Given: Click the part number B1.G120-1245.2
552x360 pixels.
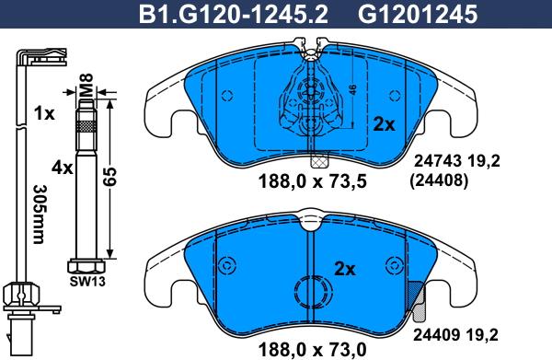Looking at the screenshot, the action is pos(233,15).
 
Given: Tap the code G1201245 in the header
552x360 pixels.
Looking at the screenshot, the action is pos(418,15).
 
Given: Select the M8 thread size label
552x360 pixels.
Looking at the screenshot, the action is pos(86,85).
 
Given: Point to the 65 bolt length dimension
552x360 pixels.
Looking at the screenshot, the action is pos(109,178).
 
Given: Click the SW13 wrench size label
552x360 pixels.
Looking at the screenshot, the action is pos(87,282).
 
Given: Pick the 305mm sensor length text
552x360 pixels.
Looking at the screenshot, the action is pos(38,215).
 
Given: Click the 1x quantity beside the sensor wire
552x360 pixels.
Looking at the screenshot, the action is pos(44,113).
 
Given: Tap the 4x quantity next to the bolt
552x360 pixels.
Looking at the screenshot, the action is pos(62,168).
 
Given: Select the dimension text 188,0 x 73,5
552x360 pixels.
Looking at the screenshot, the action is pos(313,181).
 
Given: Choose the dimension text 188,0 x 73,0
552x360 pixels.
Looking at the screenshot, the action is pos(313,350).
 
